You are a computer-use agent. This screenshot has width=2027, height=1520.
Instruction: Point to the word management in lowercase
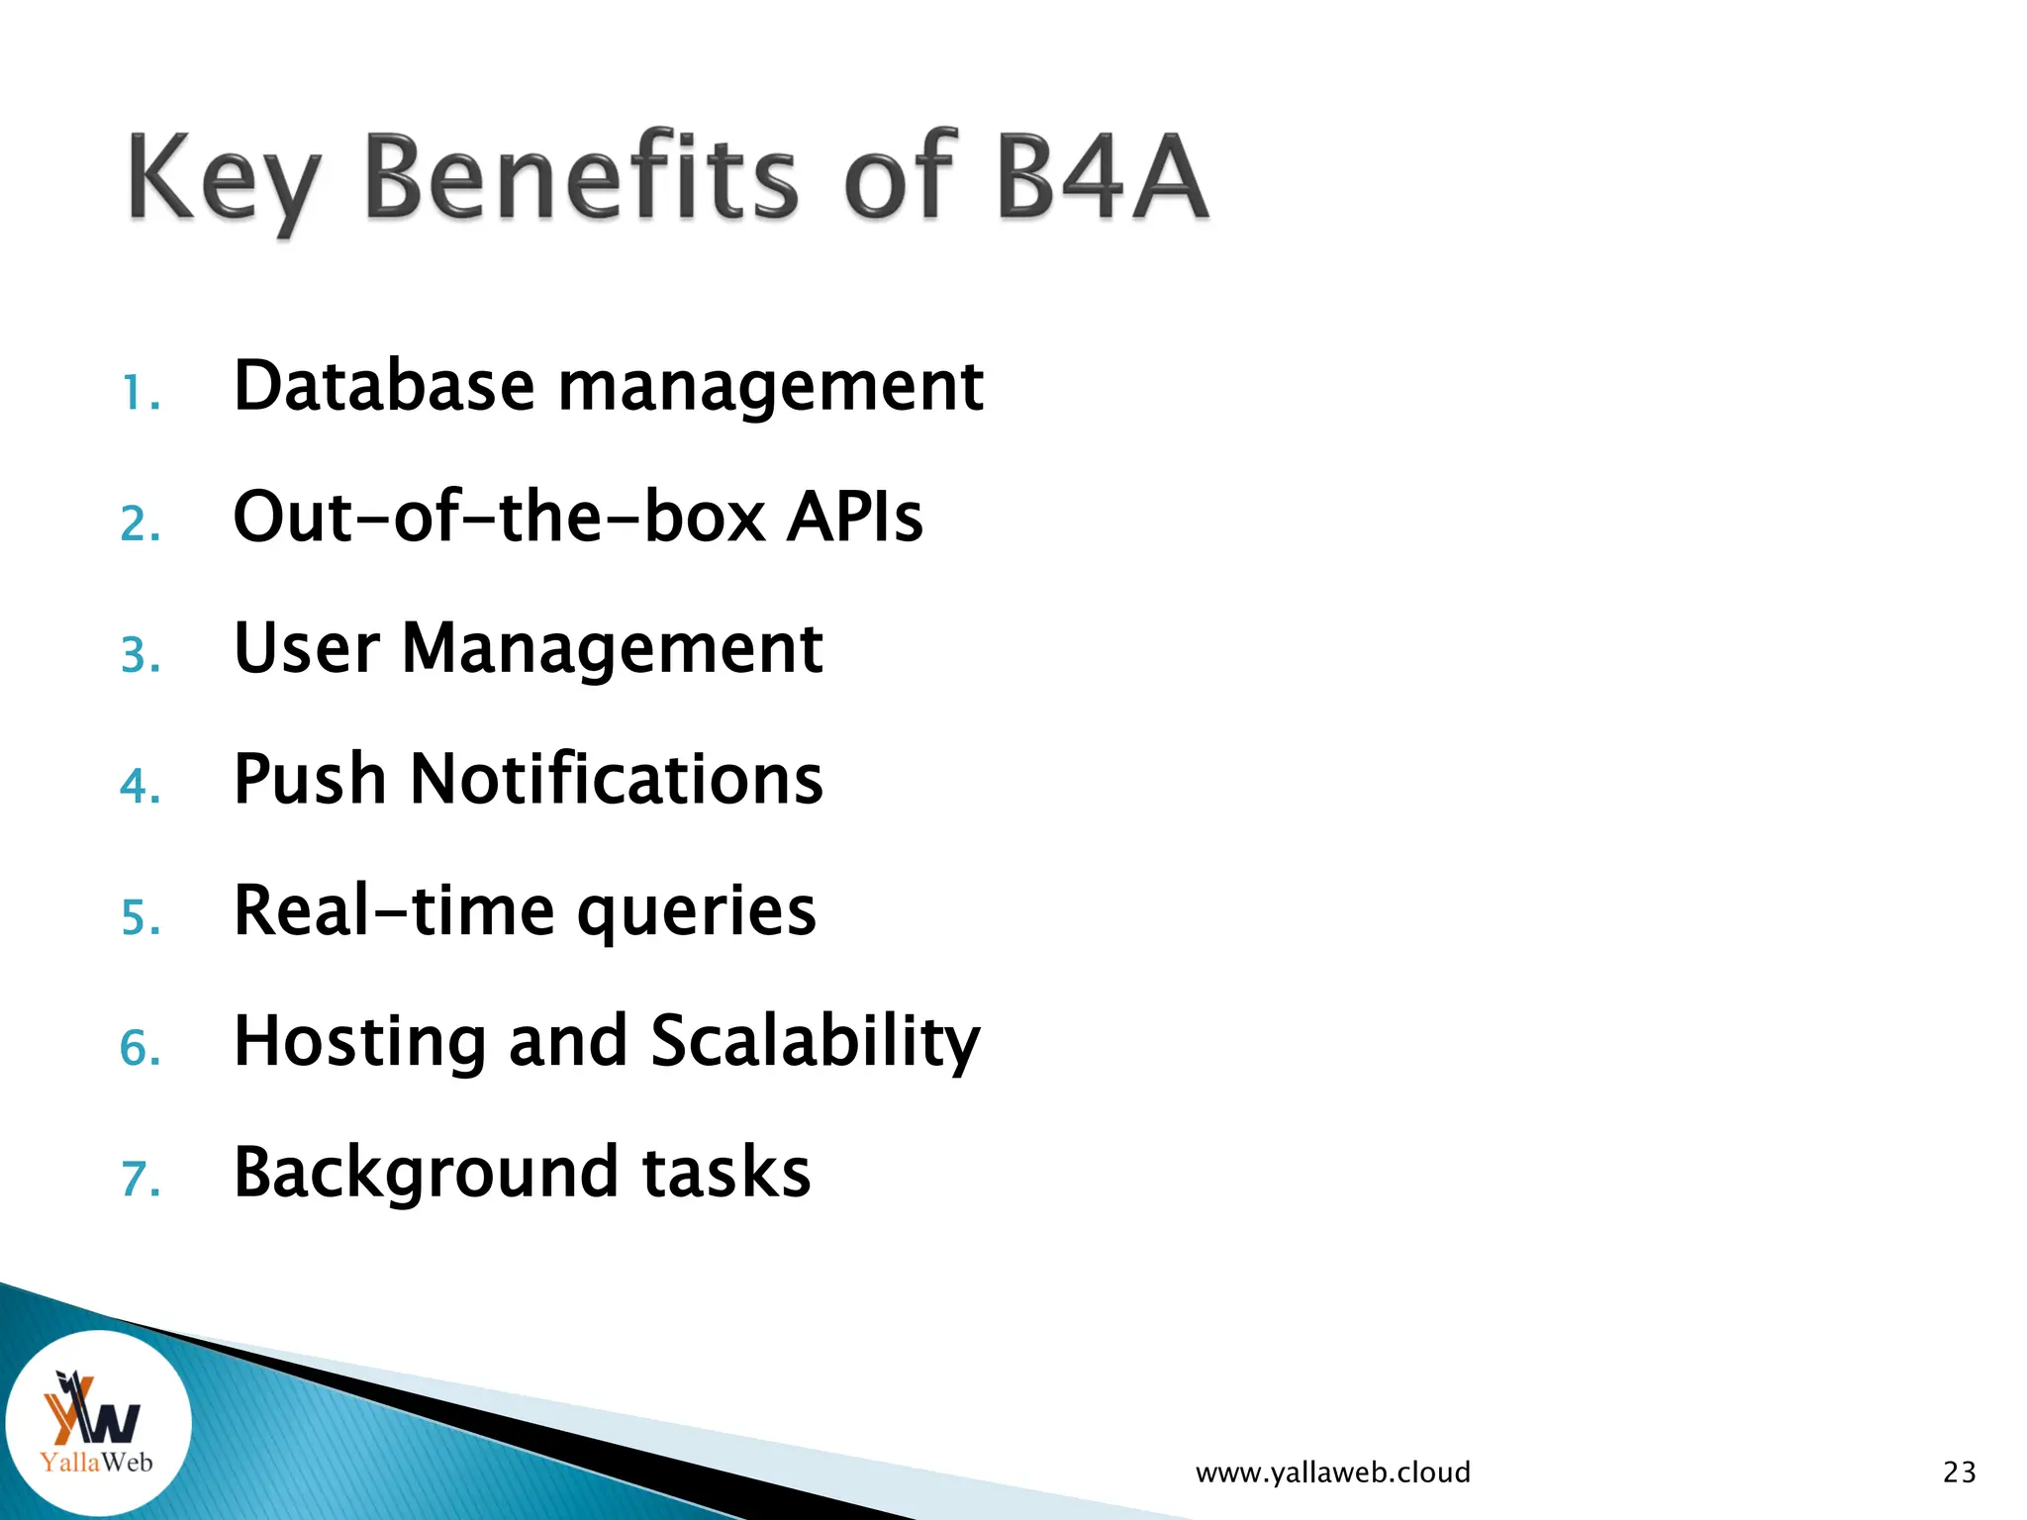pos(770,388)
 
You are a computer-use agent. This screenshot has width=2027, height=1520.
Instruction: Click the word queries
pos(696,912)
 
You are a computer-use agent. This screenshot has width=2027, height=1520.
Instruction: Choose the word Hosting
pos(359,1042)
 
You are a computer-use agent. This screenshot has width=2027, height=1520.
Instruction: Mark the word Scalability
pos(815,1042)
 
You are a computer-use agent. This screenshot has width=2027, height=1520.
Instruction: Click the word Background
pos(426,1174)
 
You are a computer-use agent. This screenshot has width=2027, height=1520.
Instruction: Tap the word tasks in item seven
pos(725,1173)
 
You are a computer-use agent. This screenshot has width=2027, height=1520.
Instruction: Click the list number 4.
pos(140,787)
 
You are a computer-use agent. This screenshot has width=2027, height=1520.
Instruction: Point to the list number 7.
pos(140,1180)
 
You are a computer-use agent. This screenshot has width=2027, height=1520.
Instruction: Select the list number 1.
pos(140,394)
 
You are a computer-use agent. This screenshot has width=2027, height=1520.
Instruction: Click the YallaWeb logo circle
pos(97,1423)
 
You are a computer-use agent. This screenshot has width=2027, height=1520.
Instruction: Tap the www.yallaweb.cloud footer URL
pos(1332,1472)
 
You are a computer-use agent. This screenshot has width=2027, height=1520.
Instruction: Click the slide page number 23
pos(1959,1472)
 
